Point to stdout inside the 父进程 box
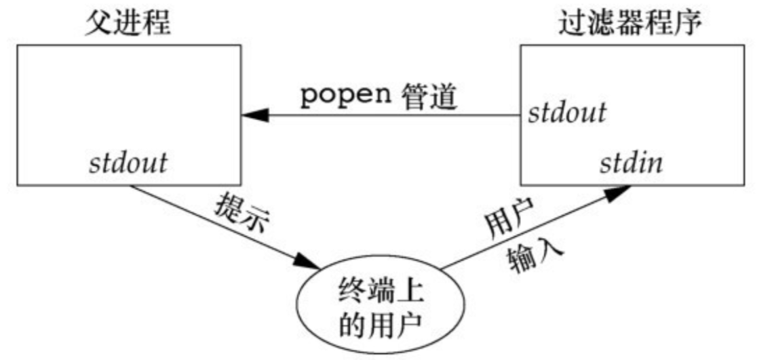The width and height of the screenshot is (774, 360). pos(129,163)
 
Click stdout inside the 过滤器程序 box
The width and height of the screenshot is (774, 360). pos(567,112)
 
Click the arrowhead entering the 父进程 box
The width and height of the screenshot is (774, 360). pos(252,116)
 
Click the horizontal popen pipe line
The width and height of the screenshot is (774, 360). pos(387,116)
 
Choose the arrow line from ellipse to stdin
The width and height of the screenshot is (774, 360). pos(522,231)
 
